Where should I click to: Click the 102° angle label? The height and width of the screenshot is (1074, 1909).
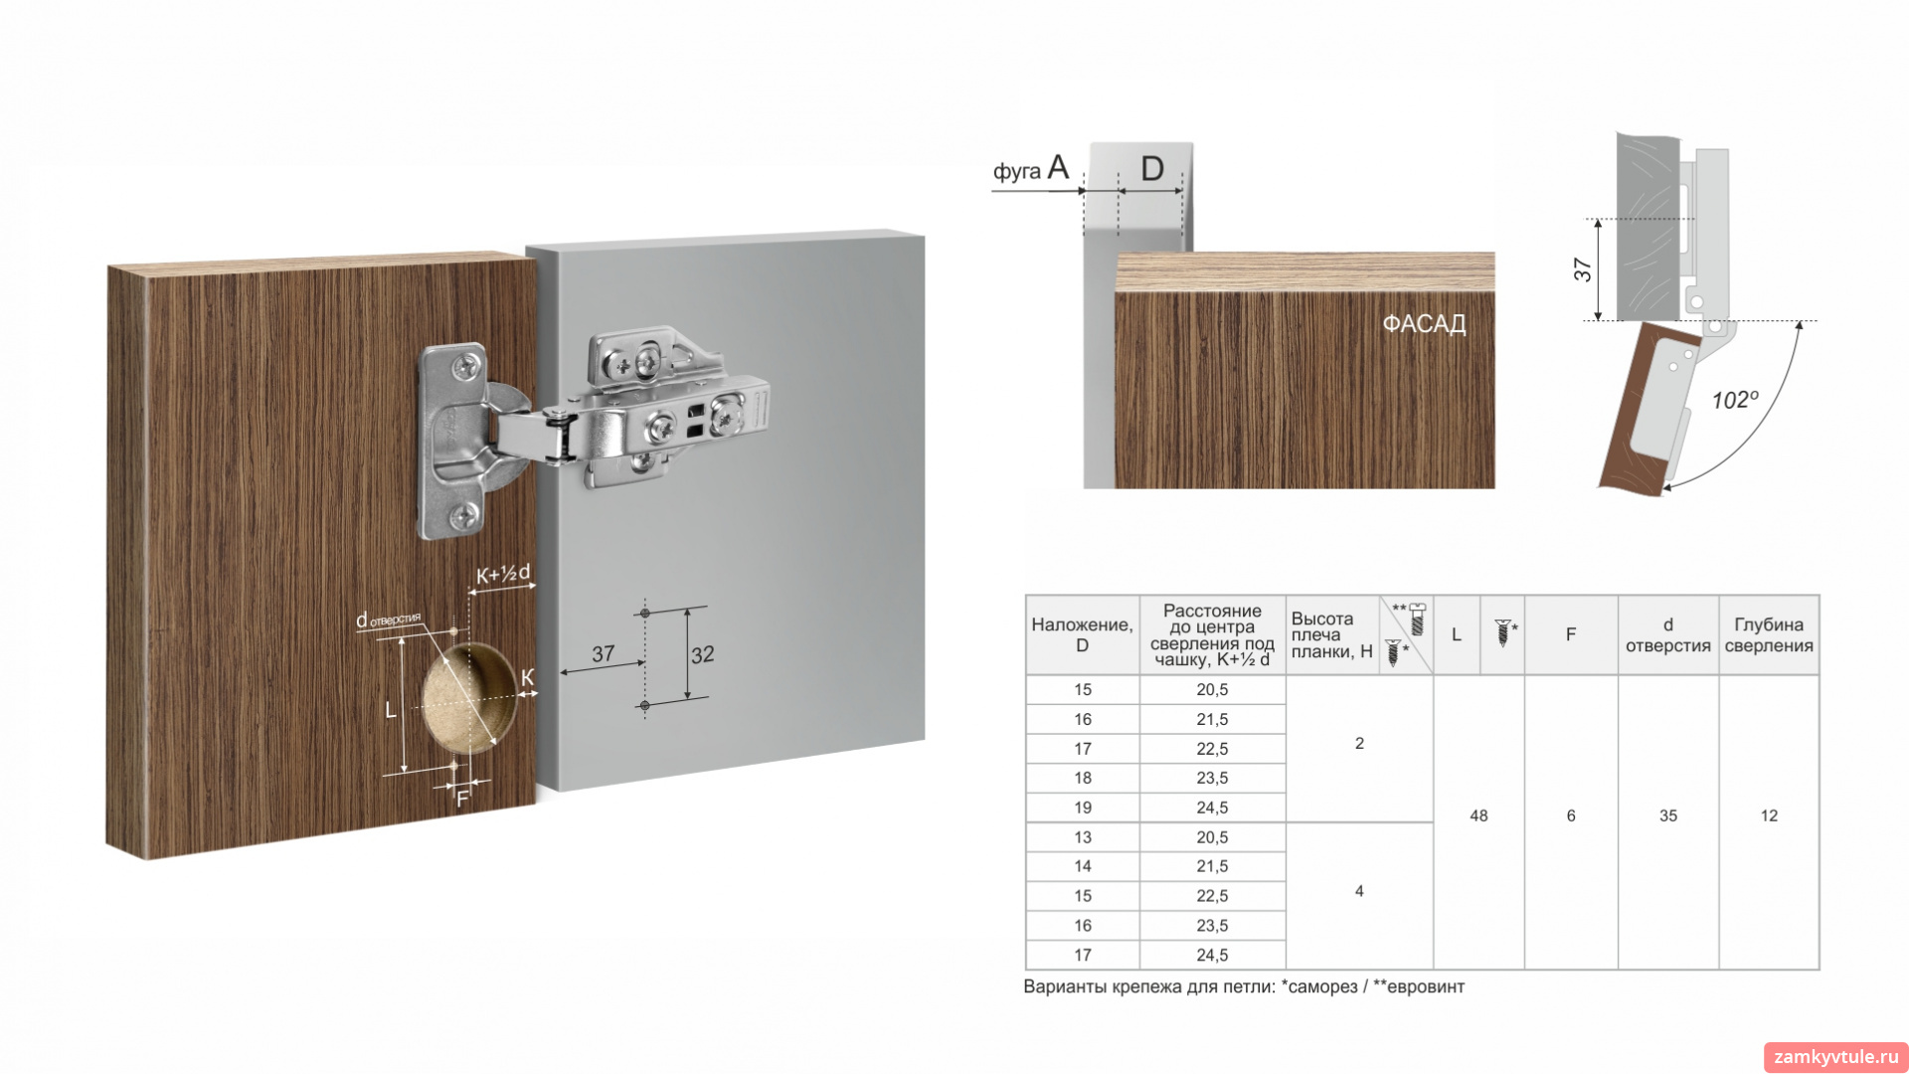point(1735,400)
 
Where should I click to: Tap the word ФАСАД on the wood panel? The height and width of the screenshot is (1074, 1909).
point(1424,324)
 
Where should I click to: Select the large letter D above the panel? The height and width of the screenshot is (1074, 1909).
point(1152,168)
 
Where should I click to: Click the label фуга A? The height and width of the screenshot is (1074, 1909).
point(1031,168)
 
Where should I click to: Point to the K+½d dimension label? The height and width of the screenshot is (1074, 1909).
point(503,574)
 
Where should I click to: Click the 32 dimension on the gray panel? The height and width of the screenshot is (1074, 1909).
point(702,654)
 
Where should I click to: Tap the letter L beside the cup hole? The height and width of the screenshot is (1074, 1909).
point(390,710)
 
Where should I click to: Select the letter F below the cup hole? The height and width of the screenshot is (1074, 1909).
point(462,799)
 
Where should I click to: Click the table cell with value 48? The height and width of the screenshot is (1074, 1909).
point(1478,815)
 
